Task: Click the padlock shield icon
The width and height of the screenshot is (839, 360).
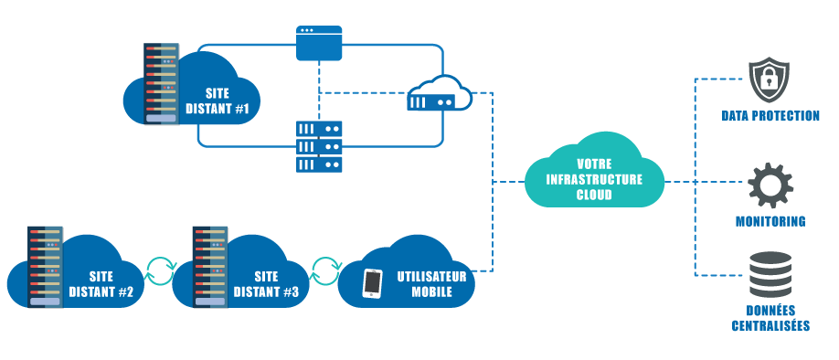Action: click(x=769, y=80)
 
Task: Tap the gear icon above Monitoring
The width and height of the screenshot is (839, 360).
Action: click(x=770, y=185)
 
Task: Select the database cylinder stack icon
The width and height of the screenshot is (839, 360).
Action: click(x=770, y=274)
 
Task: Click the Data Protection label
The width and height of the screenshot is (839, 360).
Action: click(x=770, y=116)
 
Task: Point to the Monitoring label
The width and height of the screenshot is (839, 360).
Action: click(x=770, y=221)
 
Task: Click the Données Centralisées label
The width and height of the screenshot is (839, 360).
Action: click(x=770, y=317)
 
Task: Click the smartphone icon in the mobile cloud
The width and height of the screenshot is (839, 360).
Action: click(x=372, y=283)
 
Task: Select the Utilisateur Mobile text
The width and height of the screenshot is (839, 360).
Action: click(x=431, y=282)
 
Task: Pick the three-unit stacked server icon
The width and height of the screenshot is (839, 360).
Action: click(x=319, y=146)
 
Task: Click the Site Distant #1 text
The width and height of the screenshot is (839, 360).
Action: click(x=218, y=101)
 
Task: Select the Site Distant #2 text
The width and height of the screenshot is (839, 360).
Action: click(x=101, y=283)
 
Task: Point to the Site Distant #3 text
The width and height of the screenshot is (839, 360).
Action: click(x=266, y=283)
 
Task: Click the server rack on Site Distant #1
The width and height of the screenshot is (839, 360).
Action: click(x=161, y=83)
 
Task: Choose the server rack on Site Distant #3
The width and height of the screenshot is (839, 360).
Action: click(x=209, y=266)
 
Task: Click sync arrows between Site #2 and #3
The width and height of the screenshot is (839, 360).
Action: click(x=161, y=270)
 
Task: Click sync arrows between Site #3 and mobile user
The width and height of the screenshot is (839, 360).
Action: click(x=325, y=270)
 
